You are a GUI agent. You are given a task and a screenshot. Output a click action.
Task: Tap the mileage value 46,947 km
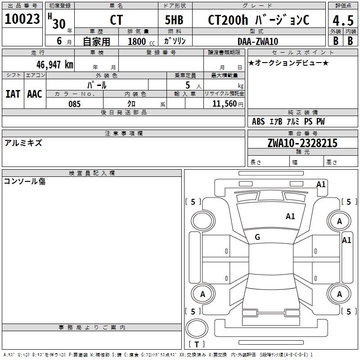pos(52,65)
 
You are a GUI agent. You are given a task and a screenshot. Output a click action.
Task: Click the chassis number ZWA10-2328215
pos(302,144)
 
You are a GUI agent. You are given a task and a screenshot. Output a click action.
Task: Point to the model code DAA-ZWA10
pos(258,41)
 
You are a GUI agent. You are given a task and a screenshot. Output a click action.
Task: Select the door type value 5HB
pos(174,20)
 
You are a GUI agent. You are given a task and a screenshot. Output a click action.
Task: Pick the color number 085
pos(74,104)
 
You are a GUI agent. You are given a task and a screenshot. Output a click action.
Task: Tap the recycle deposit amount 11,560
pos(223,104)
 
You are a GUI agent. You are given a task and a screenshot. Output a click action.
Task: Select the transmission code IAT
pos(13,94)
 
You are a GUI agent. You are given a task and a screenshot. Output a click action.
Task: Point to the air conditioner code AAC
pos(35,94)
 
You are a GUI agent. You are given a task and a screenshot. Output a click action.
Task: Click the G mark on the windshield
pos(257,237)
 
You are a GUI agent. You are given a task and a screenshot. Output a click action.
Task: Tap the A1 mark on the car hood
pos(290,216)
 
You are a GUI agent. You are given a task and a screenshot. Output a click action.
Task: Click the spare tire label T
pos(197,344)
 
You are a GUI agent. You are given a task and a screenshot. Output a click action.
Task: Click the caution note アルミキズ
pos(23,143)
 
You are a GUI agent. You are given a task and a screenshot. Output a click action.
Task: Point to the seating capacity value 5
pos(187,85)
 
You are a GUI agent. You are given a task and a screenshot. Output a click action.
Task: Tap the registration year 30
pos(58,23)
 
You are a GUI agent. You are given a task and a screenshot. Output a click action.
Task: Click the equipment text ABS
pos(258,121)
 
